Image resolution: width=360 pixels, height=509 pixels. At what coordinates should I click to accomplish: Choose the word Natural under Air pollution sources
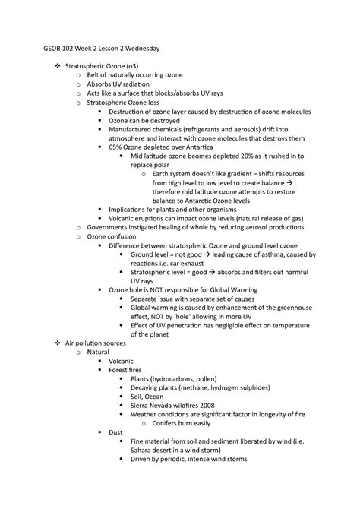coord(99,353)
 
